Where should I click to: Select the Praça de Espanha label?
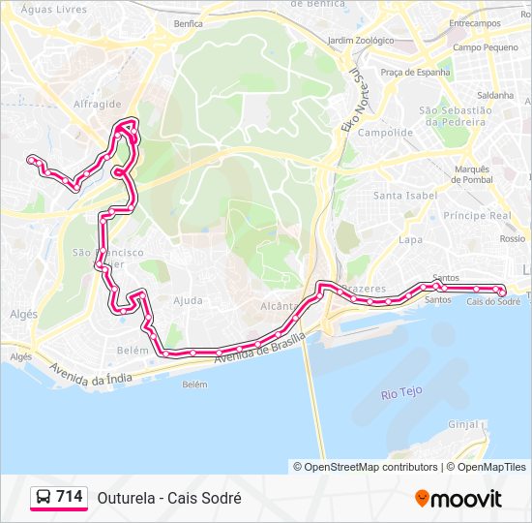[x=416, y=72]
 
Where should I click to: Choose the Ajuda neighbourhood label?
[x=188, y=300]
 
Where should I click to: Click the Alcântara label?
[x=280, y=306]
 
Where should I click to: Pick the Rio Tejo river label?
[x=401, y=393]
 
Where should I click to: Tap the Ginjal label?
[x=464, y=424]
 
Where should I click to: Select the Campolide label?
[x=379, y=133]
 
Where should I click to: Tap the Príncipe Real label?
[x=477, y=215]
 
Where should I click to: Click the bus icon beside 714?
[x=44, y=498]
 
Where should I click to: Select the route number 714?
[x=69, y=497]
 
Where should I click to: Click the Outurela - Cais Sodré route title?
[x=169, y=498]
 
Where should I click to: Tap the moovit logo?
[x=458, y=498]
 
